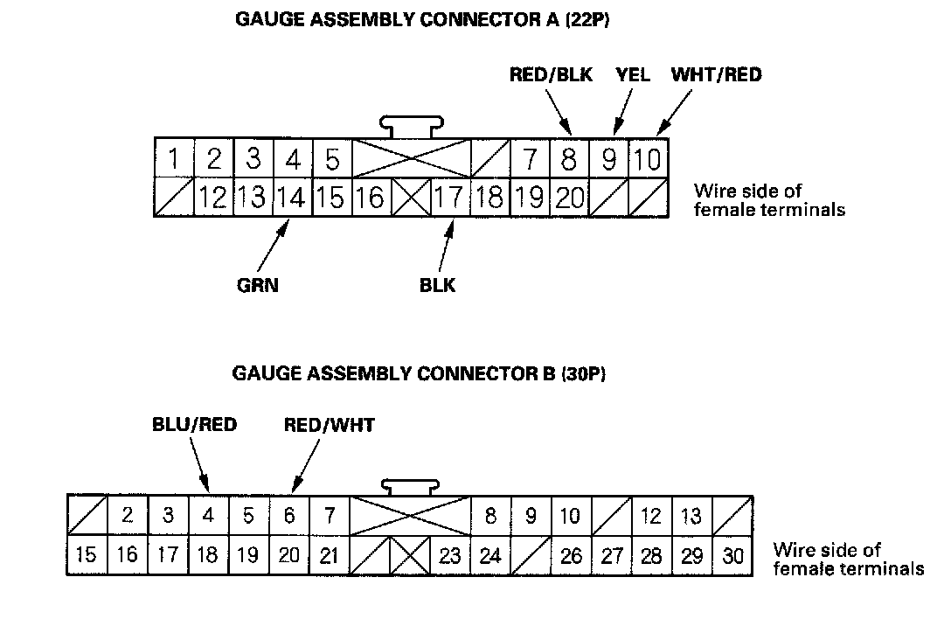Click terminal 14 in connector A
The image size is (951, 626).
pyautogui.click(x=292, y=198)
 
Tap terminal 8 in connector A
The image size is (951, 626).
pyautogui.click(x=569, y=160)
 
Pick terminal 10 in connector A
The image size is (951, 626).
pyautogui.click(x=649, y=160)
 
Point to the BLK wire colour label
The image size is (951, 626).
pyautogui.click(x=438, y=285)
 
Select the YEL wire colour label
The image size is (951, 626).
pyautogui.click(x=633, y=75)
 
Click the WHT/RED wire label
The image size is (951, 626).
pyautogui.click(x=716, y=75)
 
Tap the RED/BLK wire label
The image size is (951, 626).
pyautogui.click(x=551, y=75)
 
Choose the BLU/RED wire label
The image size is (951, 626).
pyautogui.click(x=194, y=425)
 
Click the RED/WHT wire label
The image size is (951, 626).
pyautogui.click(x=330, y=425)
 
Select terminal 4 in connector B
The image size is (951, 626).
pyautogui.click(x=208, y=515)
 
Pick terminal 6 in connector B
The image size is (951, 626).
pyautogui.click(x=289, y=515)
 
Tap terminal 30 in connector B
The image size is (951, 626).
pyautogui.click(x=732, y=556)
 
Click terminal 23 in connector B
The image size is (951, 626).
pyautogui.click(x=450, y=556)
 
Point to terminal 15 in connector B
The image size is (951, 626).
pyautogui.click(x=87, y=556)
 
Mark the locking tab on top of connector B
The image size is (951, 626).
pyautogui.click(x=411, y=485)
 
